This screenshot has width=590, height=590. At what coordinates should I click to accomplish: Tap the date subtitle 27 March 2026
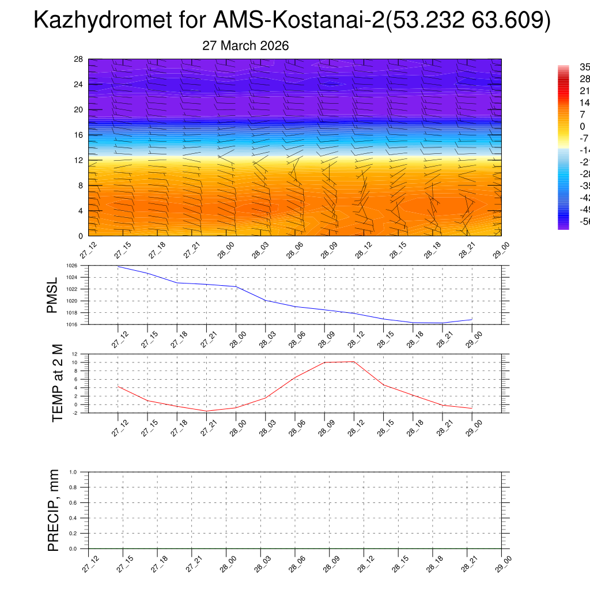click(245, 46)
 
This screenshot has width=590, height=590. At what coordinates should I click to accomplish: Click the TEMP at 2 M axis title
click(58, 383)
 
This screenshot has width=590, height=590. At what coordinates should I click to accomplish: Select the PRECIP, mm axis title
click(54, 510)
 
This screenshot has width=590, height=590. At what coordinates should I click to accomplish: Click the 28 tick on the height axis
click(78, 59)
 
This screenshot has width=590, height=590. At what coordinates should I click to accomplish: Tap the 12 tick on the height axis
click(78, 160)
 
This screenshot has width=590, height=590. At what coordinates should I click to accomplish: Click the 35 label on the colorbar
click(584, 67)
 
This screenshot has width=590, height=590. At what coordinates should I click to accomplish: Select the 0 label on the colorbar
click(583, 126)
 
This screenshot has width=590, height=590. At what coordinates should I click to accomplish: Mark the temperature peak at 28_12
click(354, 362)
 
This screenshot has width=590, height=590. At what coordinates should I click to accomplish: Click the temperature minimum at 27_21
click(206, 411)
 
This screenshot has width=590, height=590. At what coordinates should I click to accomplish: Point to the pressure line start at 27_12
click(118, 266)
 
